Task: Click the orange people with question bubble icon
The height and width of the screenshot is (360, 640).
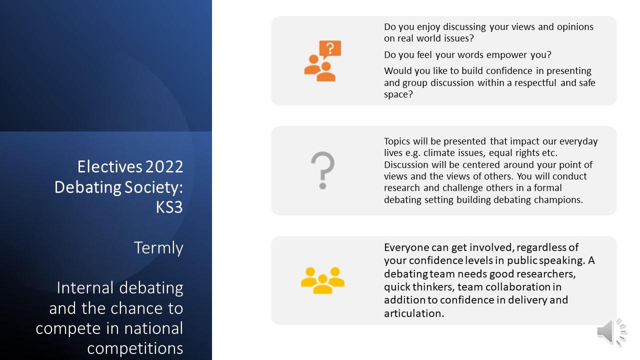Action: (322, 61)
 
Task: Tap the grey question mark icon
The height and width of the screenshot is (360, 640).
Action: (323, 170)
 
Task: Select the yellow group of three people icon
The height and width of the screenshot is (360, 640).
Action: (322, 280)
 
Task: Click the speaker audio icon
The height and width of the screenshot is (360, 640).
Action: (611, 332)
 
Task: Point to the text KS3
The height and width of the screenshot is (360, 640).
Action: (169, 207)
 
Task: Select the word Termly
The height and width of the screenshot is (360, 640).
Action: (158, 247)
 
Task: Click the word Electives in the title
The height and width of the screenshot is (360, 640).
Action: (110, 166)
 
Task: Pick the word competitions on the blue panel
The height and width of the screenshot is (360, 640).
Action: (135, 348)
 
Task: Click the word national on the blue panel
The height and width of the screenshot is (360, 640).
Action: (153, 328)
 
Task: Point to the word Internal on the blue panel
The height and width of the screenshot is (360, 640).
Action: (85, 287)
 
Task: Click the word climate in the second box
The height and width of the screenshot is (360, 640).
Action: (439, 153)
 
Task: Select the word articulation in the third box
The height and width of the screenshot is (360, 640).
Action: (414, 313)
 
